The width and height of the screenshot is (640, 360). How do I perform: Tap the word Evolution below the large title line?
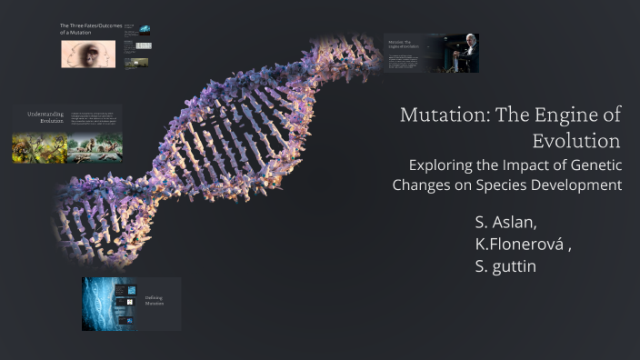point(576,141)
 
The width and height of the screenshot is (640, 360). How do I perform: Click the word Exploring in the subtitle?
point(444,165)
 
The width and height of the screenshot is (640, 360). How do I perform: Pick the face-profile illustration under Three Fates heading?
point(89,55)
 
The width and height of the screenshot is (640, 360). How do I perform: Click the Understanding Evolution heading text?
point(45,118)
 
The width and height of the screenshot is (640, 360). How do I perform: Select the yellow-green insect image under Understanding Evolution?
point(27,148)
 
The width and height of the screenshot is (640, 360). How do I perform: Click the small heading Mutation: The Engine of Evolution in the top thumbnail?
point(400,45)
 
